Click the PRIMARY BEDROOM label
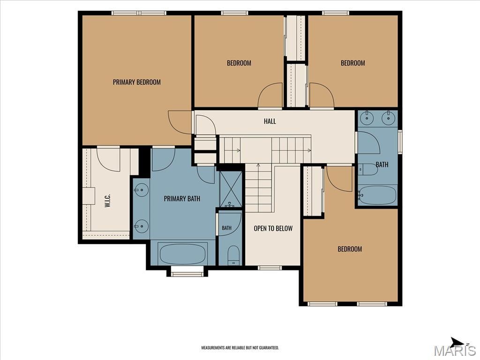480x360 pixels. tap(136, 82)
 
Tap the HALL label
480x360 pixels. tap(270, 121)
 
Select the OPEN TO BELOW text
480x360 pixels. tap(273, 228)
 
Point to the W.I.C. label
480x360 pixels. tap(107, 201)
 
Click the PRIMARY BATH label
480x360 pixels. tap(182, 199)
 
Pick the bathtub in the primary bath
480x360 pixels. tap(183, 254)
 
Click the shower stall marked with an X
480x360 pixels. tap(231, 189)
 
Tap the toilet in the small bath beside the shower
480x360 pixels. tap(234, 255)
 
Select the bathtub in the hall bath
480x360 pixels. tap(378, 195)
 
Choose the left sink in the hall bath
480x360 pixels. tap(366, 117)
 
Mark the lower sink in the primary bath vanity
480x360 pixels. tap(142, 226)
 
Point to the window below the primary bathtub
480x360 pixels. tap(187, 271)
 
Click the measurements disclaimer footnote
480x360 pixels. tap(240, 348)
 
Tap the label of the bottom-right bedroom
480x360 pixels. tap(350, 249)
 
